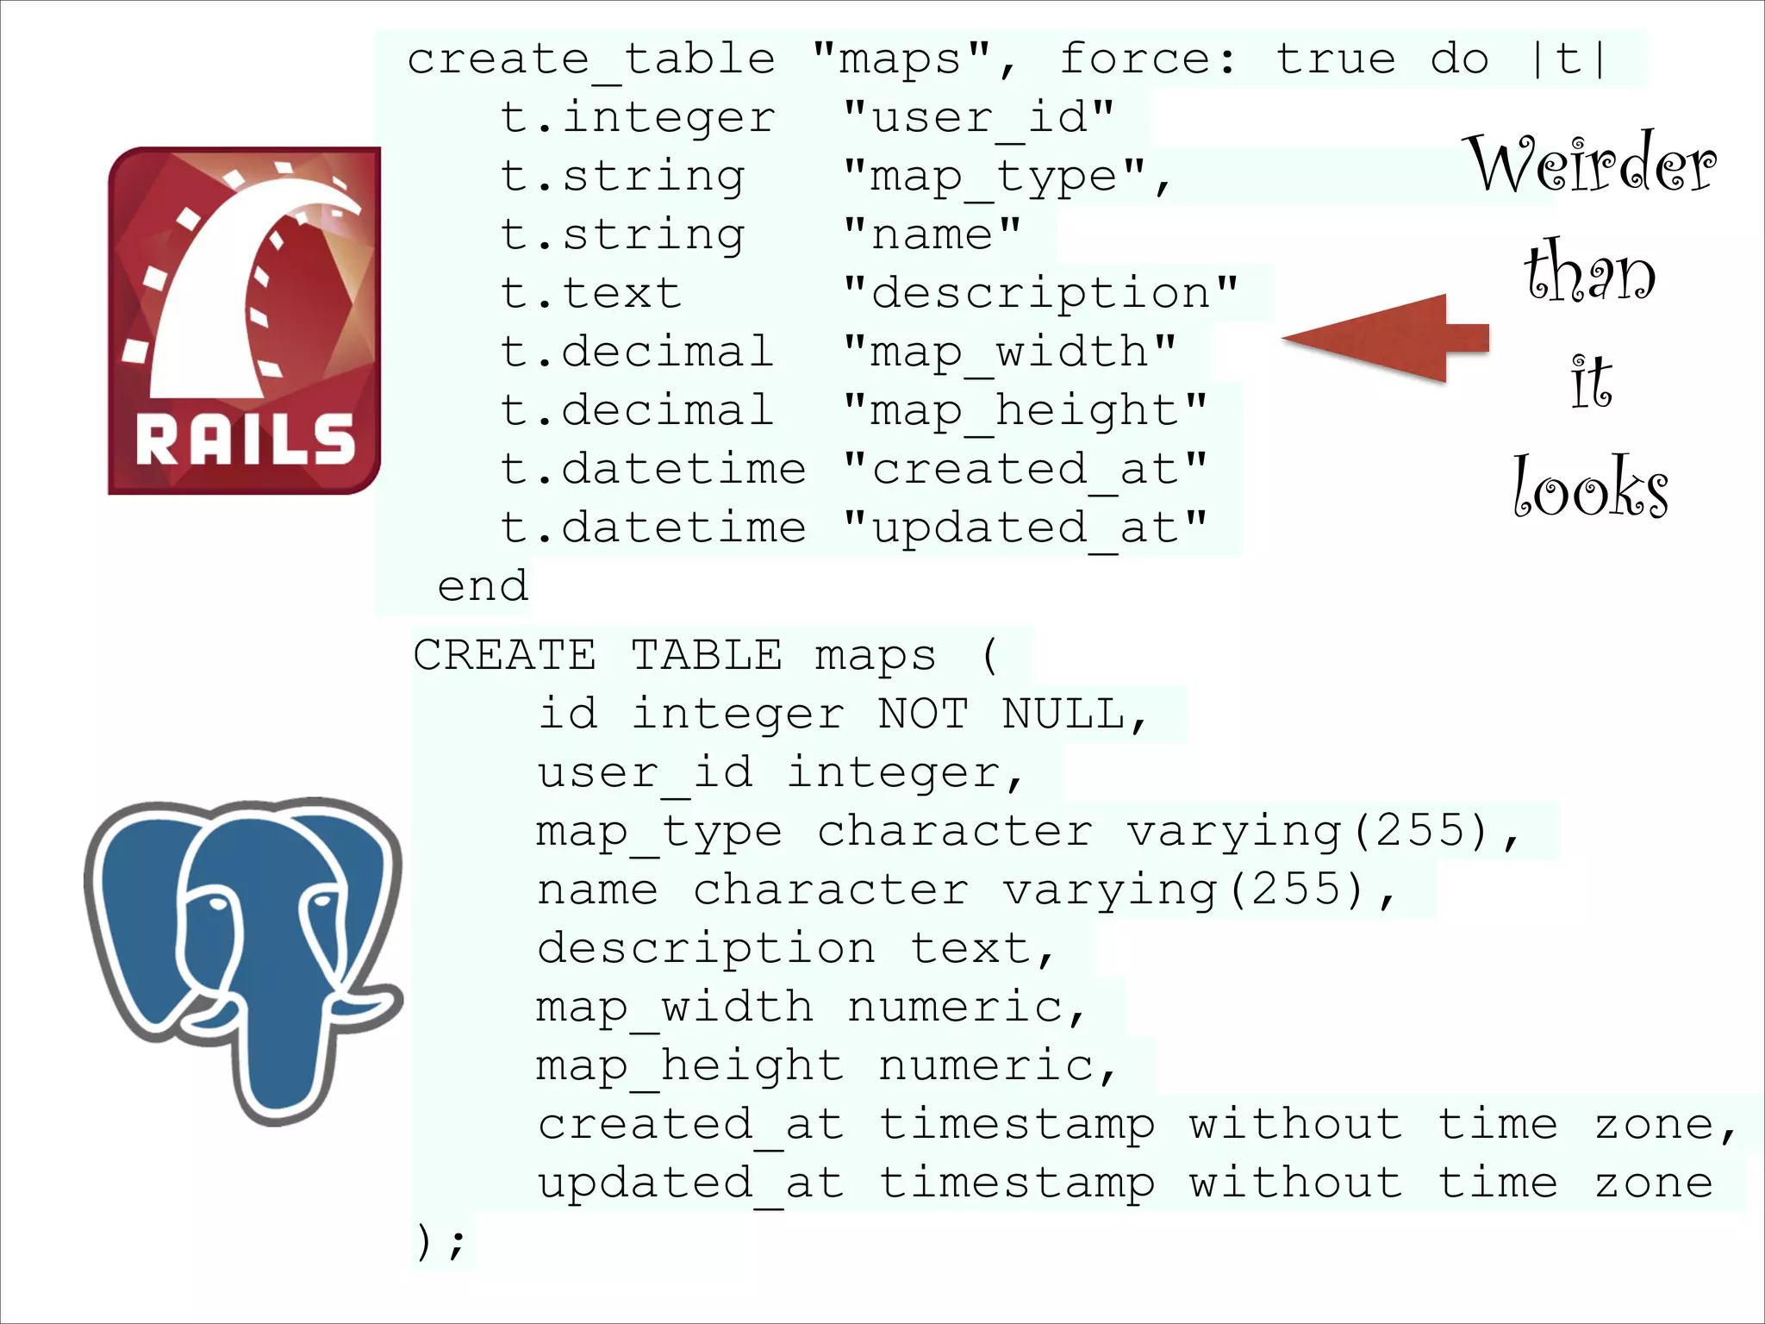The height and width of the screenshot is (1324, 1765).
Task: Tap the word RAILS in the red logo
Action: [245, 440]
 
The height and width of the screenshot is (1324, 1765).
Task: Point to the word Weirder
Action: [1593, 165]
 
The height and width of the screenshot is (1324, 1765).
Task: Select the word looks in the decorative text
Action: [1590, 488]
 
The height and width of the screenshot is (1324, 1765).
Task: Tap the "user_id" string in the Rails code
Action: [979, 117]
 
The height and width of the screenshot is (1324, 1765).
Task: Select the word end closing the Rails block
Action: [483, 587]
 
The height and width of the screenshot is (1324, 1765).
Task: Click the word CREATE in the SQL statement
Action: [504, 655]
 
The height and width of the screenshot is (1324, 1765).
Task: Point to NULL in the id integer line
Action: [1065, 714]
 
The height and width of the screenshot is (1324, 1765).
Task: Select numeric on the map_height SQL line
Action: [988, 1066]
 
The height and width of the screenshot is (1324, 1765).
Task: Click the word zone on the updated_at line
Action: [1653, 1183]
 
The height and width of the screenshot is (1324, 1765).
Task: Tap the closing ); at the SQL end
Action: [440, 1242]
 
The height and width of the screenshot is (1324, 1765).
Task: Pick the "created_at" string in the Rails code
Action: [1026, 470]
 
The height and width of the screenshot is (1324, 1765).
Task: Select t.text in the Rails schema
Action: [591, 293]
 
